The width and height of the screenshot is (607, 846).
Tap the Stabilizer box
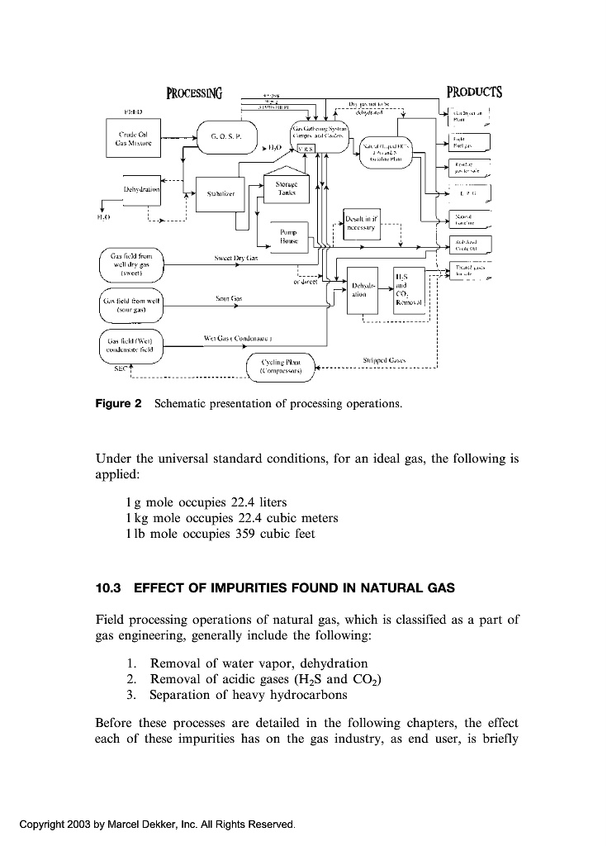[221, 195]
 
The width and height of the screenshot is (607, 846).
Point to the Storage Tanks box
[287, 188]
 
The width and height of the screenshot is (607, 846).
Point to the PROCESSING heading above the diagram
[198, 93]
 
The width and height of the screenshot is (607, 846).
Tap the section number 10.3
[109, 588]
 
